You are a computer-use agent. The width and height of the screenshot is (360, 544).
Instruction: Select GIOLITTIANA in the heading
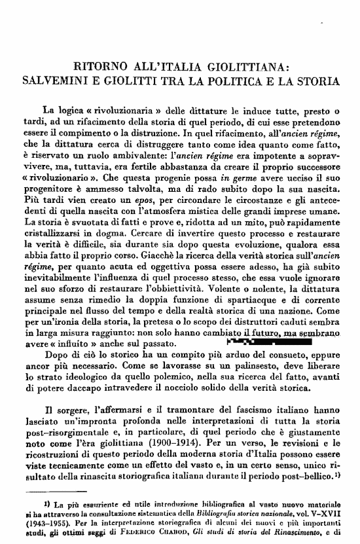245,66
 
